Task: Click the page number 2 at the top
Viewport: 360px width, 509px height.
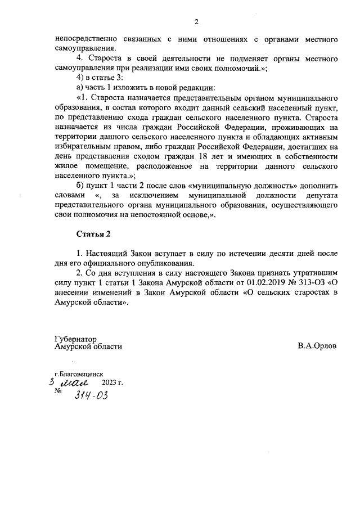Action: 196,22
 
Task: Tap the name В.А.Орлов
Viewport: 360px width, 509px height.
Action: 317,346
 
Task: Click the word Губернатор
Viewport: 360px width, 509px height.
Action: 76,339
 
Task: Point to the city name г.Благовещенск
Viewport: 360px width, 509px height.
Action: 79,373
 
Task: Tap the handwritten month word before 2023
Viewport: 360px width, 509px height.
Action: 77,382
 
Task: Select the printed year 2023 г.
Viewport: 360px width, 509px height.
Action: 112,382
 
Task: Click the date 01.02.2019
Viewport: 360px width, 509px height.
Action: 262,283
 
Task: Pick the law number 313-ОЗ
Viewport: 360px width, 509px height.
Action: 310,283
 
